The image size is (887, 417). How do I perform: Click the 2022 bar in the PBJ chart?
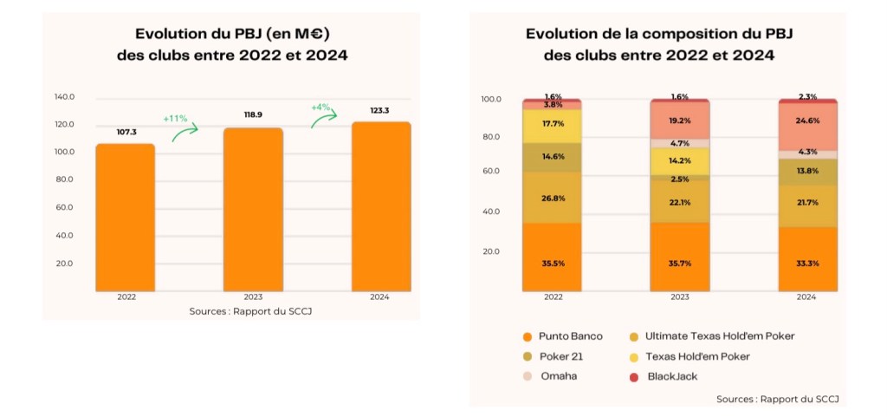click(x=125, y=217)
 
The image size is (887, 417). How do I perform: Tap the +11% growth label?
click(x=176, y=117)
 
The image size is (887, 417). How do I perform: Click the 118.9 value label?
click(x=253, y=114)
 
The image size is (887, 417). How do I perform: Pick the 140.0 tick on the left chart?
click(x=65, y=96)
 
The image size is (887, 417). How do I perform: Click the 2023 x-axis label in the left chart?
click(x=252, y=297)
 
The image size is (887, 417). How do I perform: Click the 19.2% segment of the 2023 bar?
click(x=680, y=121)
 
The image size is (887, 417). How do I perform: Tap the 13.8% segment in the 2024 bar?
click(x=806, y=172)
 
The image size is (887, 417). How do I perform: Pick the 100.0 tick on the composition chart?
click(x=491, y=99)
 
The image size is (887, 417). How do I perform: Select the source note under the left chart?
click(x=250, y=311)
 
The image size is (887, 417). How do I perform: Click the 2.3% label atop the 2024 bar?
click(x=807, y=97)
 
